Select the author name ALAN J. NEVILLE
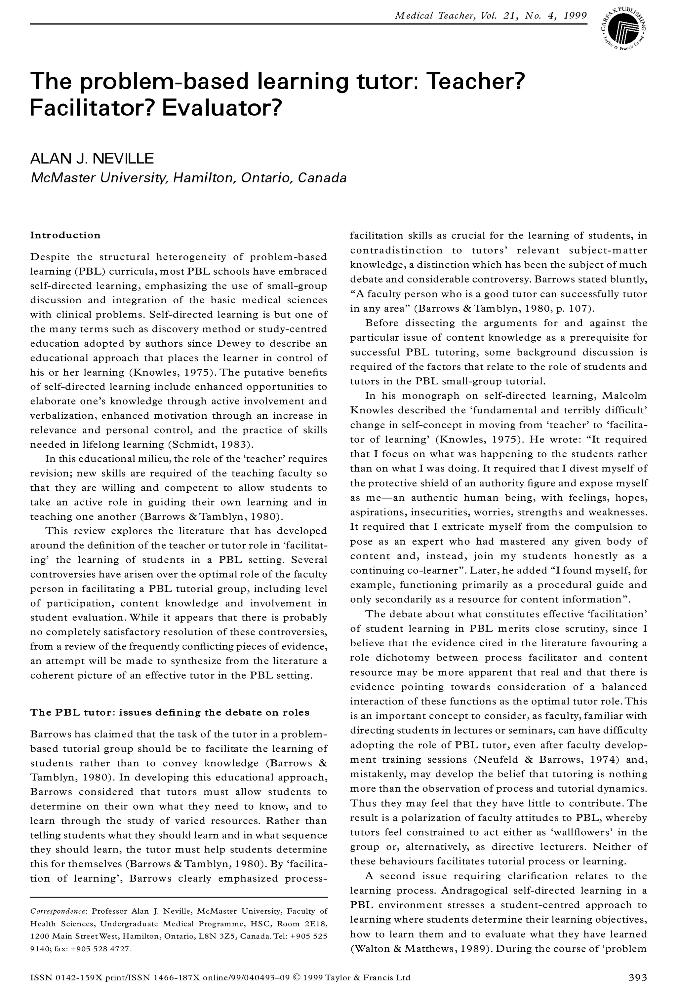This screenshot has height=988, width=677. coord(92,159)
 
